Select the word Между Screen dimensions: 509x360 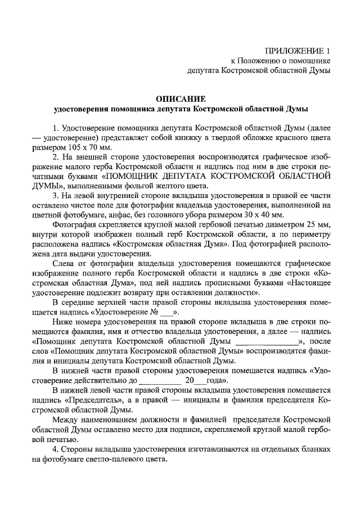click(66, 420)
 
